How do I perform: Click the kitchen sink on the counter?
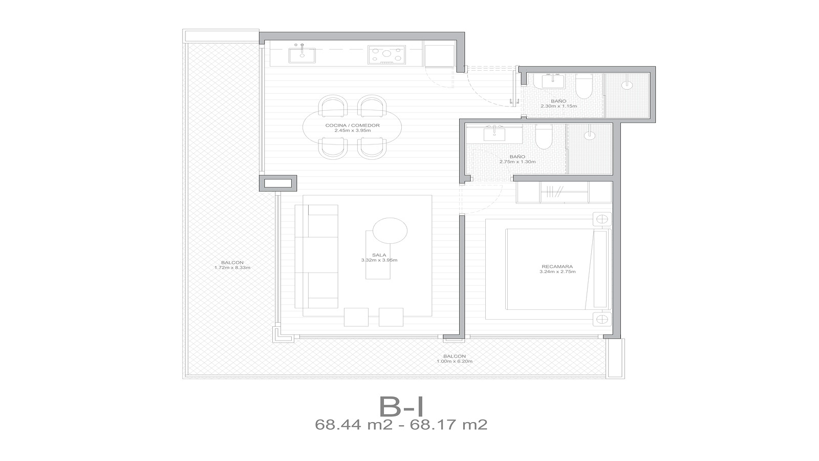[x=302, y=55]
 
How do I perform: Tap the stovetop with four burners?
[x=386, y=55]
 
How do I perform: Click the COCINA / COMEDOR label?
[x=353, y=125]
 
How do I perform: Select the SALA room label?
[x=379, y=255]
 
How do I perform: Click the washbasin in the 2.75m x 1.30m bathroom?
[x=494, y=134]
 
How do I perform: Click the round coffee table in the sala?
[x=390, y=230]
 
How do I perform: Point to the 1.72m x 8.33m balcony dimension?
[x=232, y=267]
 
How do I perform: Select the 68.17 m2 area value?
[x=448, y=425]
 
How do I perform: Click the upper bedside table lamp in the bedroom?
[x=602, y=219]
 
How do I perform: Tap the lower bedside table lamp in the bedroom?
[x=602, y=320]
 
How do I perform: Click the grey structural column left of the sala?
[x=278, y=183]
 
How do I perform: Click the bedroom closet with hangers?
[x=564, y=193]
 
